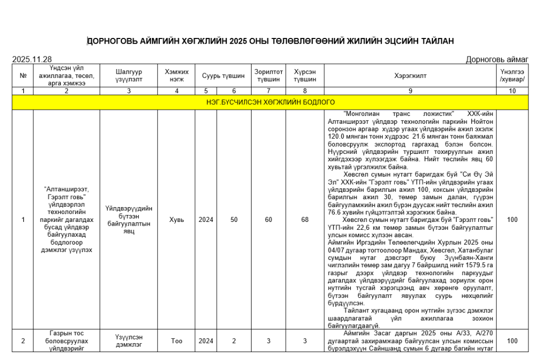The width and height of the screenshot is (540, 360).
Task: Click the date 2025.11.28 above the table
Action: (32, 60)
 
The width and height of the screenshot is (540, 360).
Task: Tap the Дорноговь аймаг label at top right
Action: (497, 60)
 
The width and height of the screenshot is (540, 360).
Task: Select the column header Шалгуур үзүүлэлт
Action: (129, 75)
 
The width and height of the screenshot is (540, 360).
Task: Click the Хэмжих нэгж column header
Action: (177, 75)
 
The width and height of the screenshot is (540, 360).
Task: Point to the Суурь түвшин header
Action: (223, 75)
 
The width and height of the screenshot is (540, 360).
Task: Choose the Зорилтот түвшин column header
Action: (268, 75)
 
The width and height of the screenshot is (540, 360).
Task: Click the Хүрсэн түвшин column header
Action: (305, 75)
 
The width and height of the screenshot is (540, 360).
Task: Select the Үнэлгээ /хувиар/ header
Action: (512, 75)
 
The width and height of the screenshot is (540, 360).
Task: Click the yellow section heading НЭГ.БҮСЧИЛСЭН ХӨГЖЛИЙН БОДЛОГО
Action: (270, 102)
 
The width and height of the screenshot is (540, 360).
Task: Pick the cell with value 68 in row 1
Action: (305, 220)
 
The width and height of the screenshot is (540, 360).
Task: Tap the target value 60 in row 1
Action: (268, 220)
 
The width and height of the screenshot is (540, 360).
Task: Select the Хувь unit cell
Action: (177, 220)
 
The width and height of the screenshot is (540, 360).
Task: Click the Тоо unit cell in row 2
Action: (177, 341)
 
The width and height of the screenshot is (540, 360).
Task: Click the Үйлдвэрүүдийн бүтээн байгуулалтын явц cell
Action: (129, 220)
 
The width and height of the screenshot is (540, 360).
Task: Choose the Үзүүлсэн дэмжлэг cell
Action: (129, 341)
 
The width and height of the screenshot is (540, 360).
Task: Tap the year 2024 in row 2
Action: (206, 341)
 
